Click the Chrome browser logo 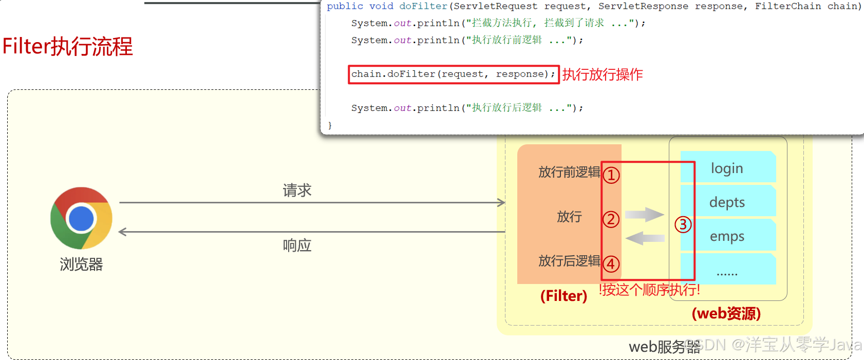(81, 218)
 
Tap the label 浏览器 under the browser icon (81, 264)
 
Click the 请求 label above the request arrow (297, 191)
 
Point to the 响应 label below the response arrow (297, 245)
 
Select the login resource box (727, 168)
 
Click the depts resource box (727, 202)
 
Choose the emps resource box (727, 236)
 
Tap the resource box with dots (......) (727, 270)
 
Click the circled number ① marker (611, 175)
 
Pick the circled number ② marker (611, 219)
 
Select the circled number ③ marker (683, 224)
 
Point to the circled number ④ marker (611, 264)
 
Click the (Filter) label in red (564, 296)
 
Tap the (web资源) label (726, 313)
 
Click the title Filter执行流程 (68, 46)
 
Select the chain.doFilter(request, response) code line (453, 74)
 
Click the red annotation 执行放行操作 (602, 74)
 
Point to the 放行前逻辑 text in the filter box (569, 172)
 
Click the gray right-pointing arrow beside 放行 (645, 214)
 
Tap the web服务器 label (664, 347)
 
